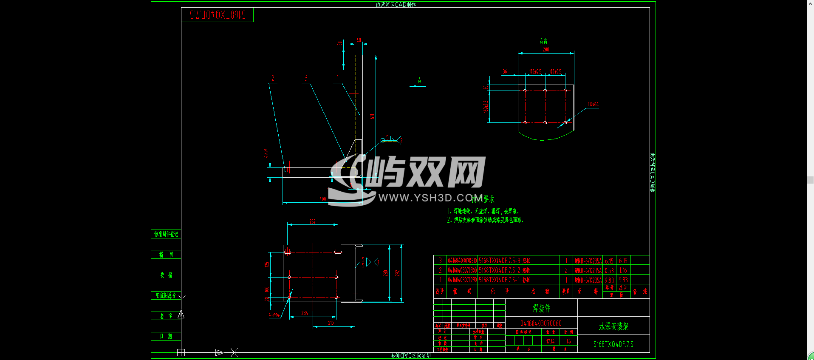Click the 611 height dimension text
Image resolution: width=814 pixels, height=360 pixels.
pos(372,116)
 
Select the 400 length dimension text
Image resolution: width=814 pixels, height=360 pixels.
pos(323,199)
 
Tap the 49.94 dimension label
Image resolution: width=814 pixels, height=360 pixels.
pos(266,153)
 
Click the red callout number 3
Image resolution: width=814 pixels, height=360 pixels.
pos(306,78)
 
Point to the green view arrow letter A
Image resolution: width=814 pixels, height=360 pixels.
pos(419,80)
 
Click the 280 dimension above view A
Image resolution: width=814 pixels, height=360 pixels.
pos(546,50)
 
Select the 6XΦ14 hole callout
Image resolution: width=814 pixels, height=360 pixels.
pos(593,104)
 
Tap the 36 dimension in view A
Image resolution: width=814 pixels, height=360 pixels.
pos(505,71)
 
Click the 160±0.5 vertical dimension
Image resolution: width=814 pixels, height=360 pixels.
pos(486,106)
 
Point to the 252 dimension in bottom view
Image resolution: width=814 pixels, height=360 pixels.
pos(312,221)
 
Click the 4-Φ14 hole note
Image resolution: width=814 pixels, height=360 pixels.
pos(274,315)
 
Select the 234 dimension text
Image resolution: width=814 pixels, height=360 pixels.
pos(305,313)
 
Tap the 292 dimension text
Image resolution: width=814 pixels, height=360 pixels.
pos(398,273)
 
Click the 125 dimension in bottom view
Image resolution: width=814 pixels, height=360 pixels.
pos(267,264)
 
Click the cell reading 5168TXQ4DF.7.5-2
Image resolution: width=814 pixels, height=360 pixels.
pos(499,270)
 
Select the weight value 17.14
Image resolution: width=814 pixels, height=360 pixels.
pos(550,341)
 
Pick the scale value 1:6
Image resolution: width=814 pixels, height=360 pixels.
pos(568,341)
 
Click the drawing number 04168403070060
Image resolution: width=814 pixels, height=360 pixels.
pos(541,323)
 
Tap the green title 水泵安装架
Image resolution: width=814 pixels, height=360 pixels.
pos(613,326)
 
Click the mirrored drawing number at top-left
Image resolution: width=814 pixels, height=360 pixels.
pos(218,15)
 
